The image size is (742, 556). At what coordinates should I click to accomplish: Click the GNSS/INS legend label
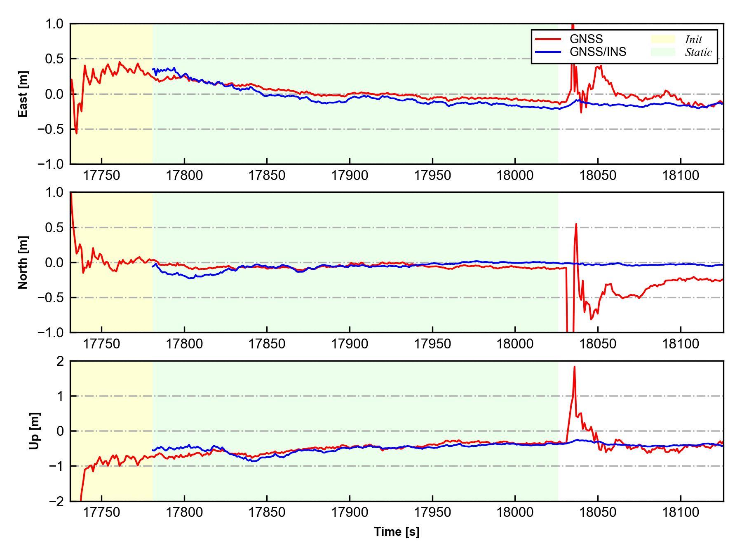coord(598,52)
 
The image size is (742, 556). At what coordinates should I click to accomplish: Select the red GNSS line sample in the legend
coord(548,39)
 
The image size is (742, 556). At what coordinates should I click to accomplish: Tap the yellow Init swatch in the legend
coord(662,39)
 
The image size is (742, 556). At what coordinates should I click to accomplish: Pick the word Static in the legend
coord(698,52)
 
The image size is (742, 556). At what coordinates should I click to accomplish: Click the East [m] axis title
coord(23,94)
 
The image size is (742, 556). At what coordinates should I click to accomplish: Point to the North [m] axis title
coord(23,262)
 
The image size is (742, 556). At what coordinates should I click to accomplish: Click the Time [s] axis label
coord(397,532)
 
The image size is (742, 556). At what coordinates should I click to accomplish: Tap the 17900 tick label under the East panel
coord(350,176)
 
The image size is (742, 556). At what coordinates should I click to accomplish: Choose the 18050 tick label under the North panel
coord(598,344)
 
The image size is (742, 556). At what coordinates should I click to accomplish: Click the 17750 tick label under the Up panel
coord(101,513)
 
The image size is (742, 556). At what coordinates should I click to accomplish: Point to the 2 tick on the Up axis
coord(61,361)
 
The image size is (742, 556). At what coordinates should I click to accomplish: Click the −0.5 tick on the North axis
coord(51,298)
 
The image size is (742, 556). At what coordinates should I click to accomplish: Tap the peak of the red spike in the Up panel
coord(574,367)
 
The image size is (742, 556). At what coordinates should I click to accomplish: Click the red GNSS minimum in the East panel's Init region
coord(76,133)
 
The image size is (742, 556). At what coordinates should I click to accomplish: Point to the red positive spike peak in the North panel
coord(576,224)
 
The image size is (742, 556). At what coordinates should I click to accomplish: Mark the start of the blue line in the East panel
coord(153,69)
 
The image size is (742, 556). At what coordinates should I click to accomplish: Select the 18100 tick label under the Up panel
coord(681,513)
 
